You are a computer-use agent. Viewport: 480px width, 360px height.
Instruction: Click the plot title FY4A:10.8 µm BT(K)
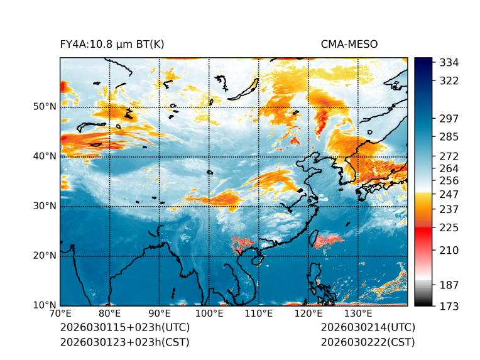click(112, 44)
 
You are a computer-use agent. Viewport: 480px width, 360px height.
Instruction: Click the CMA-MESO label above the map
click(349, 44)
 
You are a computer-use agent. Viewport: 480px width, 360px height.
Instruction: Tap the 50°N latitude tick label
click(45, 107)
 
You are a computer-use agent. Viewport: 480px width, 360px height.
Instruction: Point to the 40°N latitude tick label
click(45, 156)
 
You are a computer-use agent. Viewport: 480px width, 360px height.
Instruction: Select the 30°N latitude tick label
click(45, 206)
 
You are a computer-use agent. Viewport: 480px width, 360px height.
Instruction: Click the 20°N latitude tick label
click(45, 256)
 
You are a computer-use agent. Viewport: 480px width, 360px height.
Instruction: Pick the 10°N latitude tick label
click(45, 305)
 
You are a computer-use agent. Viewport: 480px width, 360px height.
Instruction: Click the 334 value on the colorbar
click(449, 63)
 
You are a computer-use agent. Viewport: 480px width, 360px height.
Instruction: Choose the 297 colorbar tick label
click(449, 118)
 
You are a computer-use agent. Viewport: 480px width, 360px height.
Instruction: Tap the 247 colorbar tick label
click(449, 194)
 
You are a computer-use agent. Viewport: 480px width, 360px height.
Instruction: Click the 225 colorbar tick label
click(449, 227)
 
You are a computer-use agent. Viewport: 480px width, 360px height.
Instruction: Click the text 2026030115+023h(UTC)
click(124, 327)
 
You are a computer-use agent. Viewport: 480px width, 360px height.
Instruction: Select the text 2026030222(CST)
click(368, 342)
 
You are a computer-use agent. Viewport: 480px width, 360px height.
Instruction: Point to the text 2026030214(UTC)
click(368, 327)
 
